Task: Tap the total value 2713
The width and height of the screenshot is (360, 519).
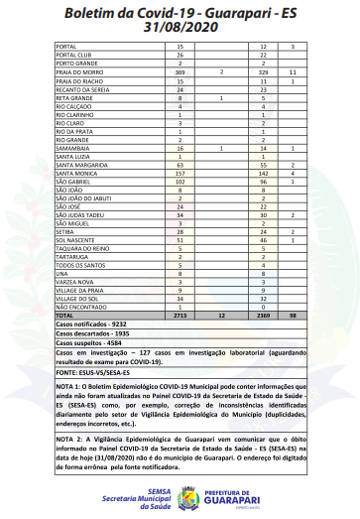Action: (x=180, y=314)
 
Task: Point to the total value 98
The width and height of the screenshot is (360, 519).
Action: (x=293, y=314)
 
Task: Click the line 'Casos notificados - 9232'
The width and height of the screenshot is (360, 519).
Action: (x=93, y=324)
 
